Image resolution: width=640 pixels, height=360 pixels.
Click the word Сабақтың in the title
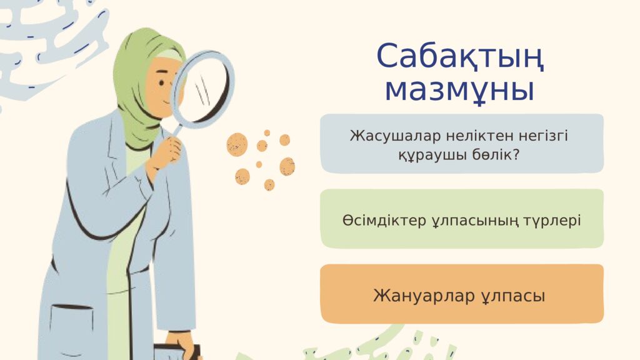(460, 56)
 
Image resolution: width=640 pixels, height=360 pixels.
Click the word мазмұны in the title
(459, 91)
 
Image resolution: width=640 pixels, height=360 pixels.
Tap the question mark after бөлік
(515, 155)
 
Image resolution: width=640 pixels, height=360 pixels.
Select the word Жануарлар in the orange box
(424, 296)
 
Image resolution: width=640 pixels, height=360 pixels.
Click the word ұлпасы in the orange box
(513, 296)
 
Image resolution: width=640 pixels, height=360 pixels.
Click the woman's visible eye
(162, 83)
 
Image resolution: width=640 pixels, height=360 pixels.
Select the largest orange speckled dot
(237, 144)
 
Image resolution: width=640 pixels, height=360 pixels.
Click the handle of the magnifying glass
(177, 130)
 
